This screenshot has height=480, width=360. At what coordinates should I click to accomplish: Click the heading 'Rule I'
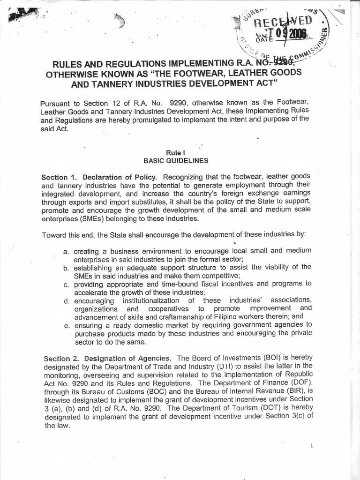(x=174, y=152)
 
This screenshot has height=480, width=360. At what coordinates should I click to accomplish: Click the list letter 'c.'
(x=66, y=284)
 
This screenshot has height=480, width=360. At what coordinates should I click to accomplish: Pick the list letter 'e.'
(x=66, y=324)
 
